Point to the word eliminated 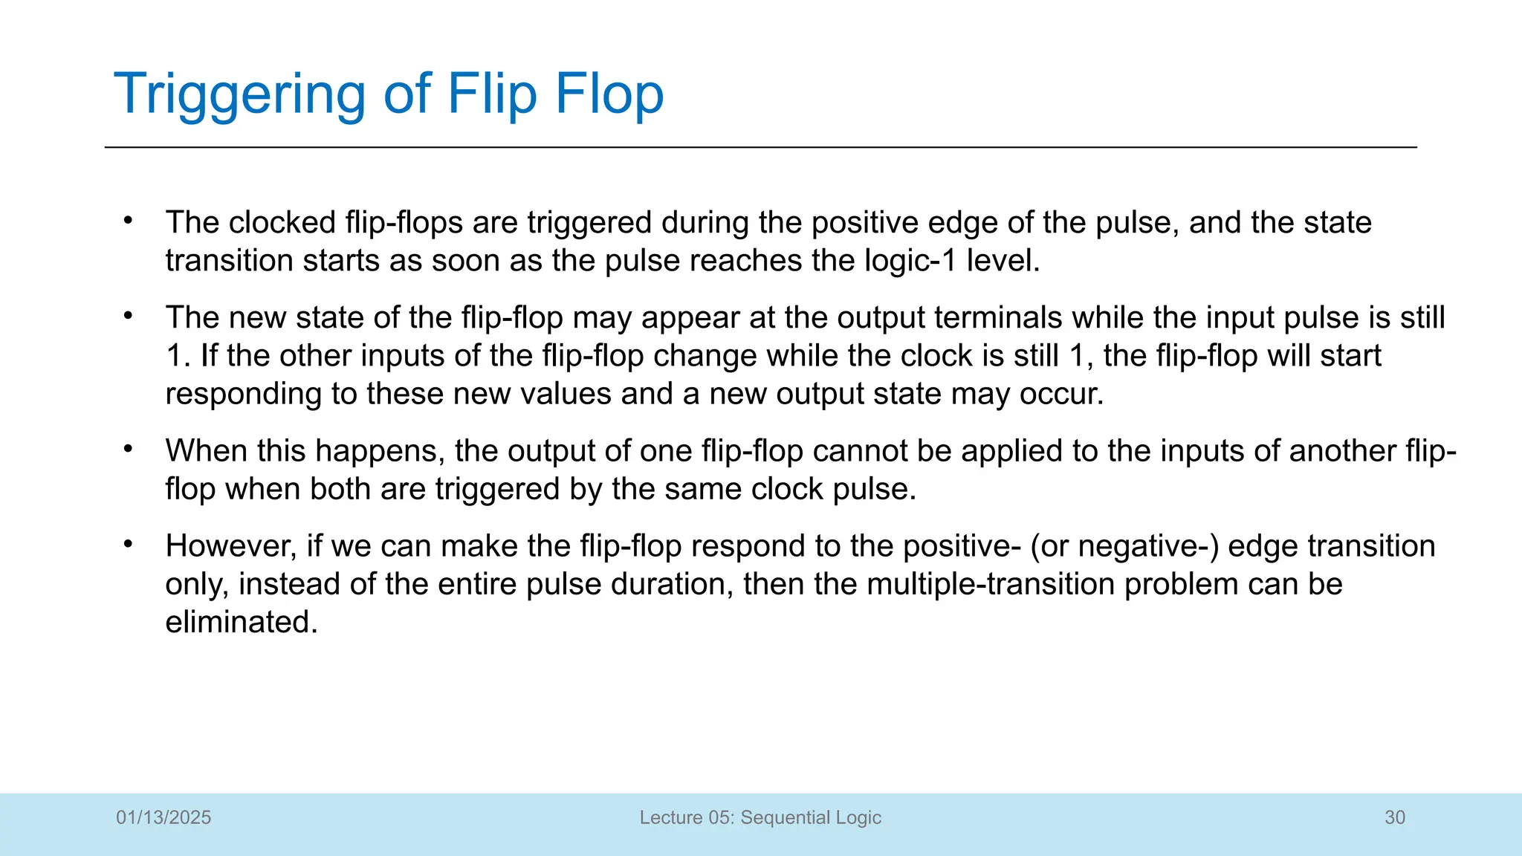click(x=241, y=621)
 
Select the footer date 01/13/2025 click(x=163, y=817)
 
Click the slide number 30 click(x=1395, y=817)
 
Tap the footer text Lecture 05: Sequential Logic click(x=760, y=817)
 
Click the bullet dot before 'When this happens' click(x=128, y=449)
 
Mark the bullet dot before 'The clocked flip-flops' click(x=128, y=221)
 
